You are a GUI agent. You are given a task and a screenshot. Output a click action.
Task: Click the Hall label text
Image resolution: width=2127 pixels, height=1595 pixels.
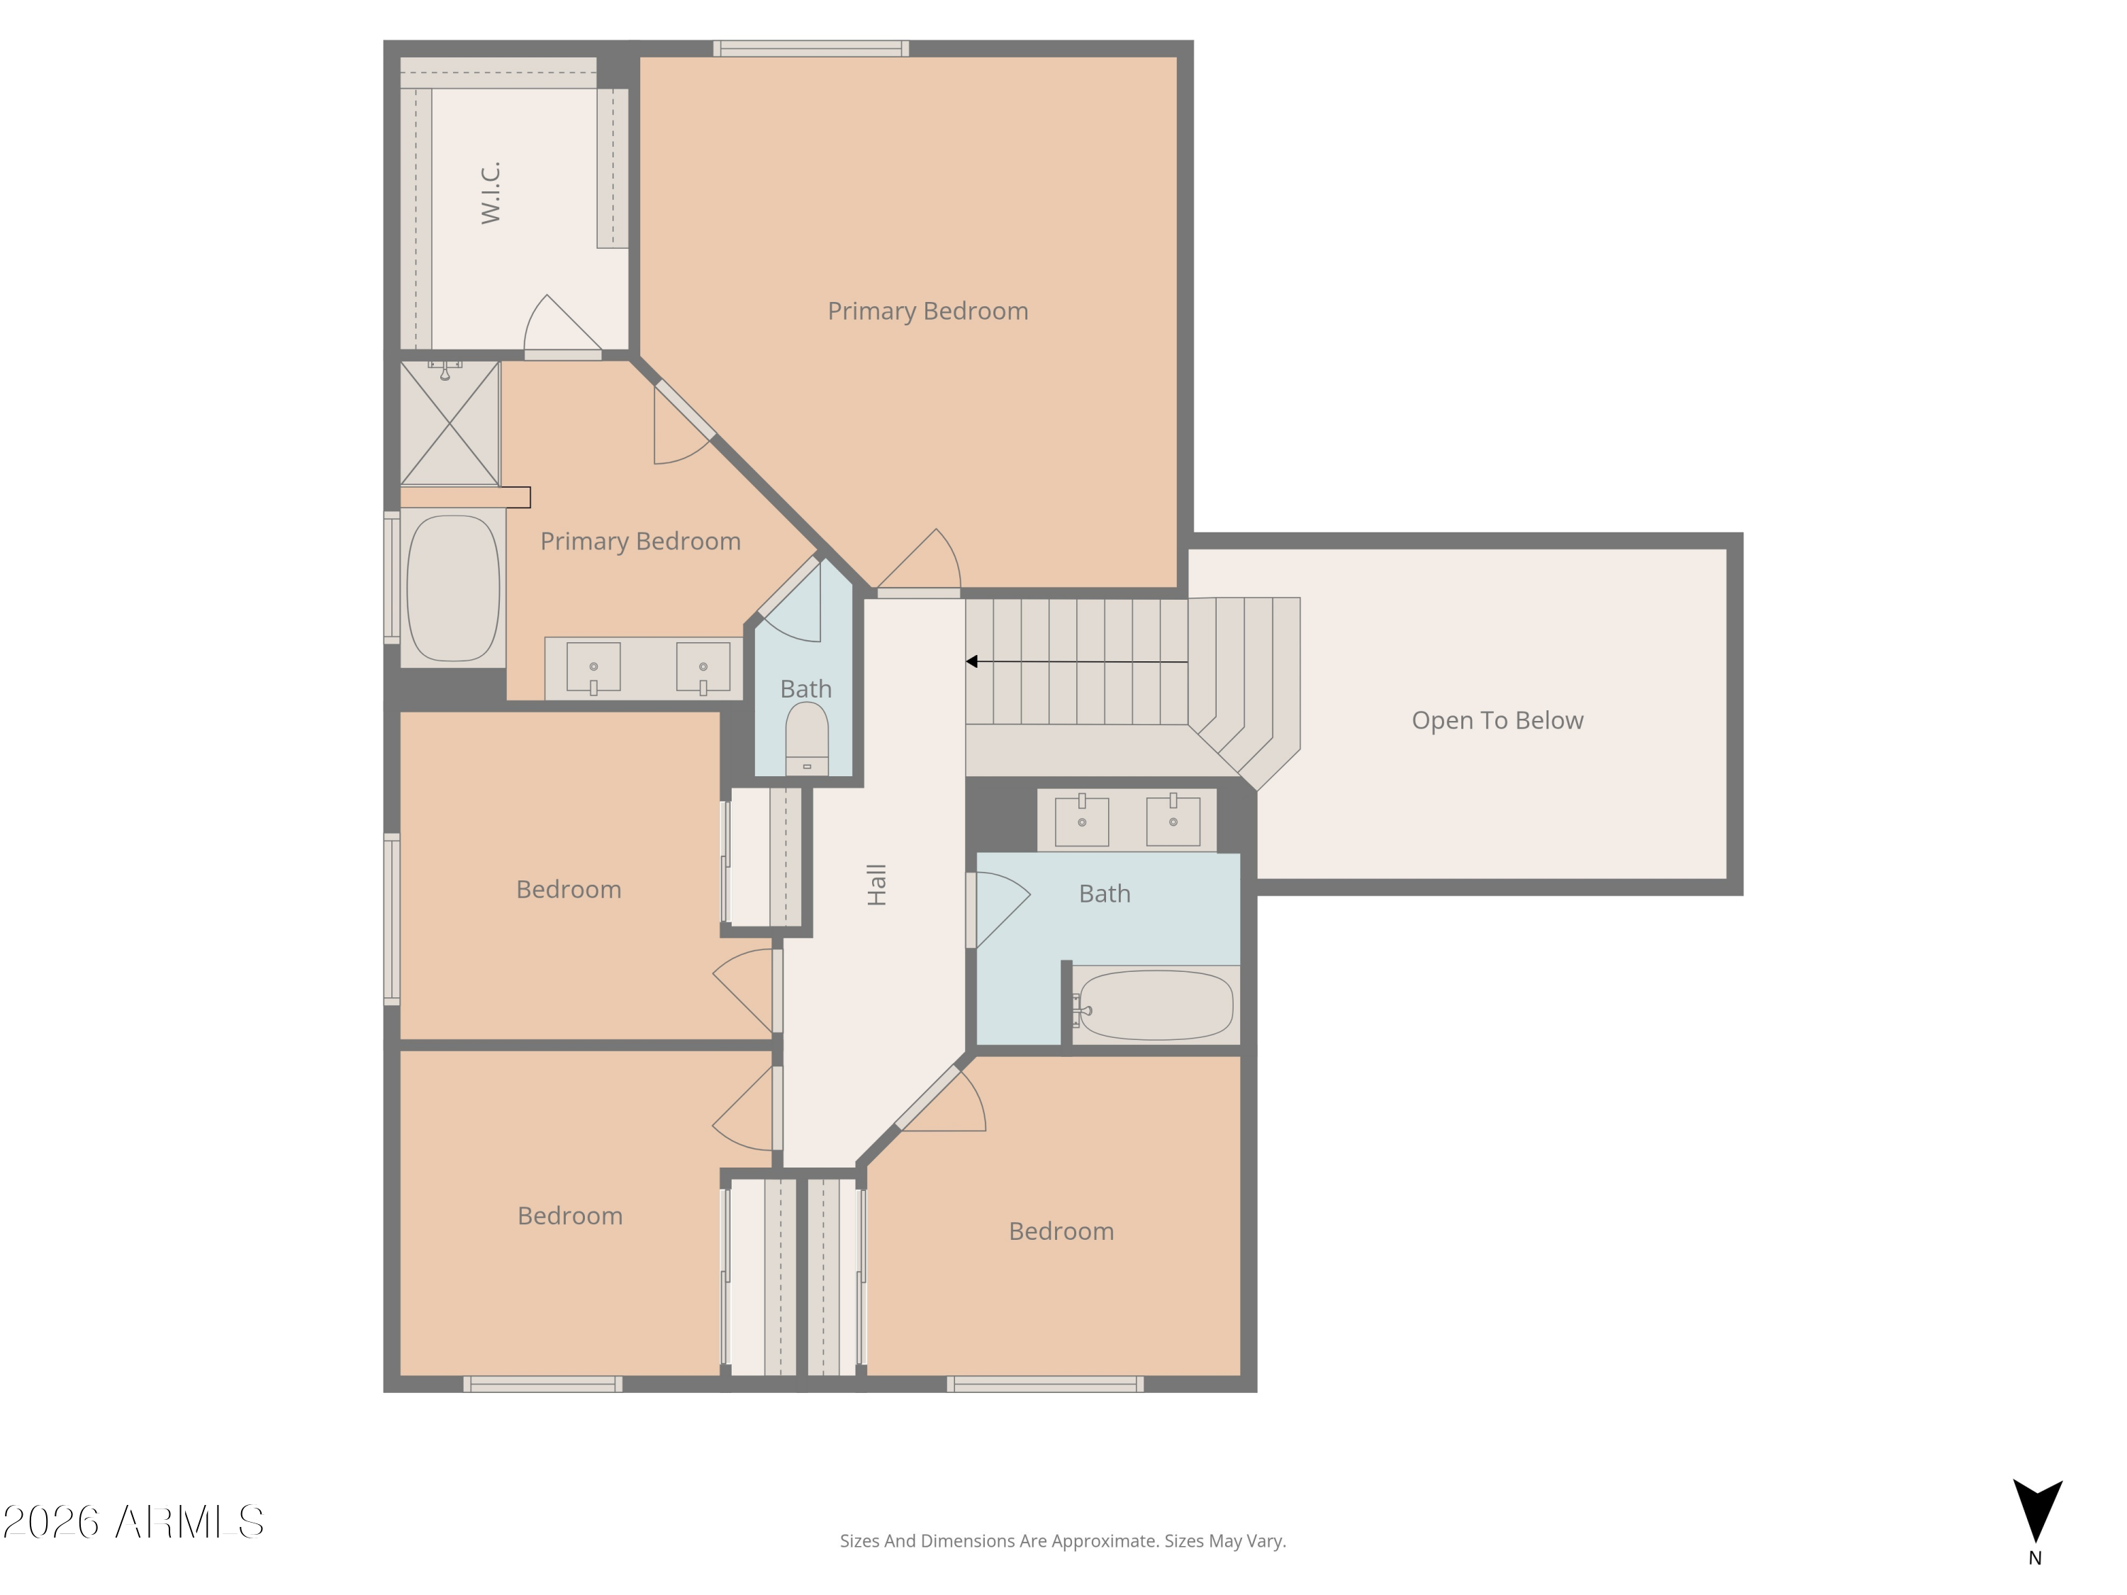[876, 885]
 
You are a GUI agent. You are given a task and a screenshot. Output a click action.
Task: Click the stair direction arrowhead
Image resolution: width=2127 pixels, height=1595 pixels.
[972, 661]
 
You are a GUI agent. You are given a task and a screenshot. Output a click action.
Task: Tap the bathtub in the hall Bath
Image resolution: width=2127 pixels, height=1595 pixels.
[1155, 1004]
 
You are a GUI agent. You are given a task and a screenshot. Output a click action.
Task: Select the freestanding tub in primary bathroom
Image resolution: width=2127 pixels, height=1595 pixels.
[453, 588]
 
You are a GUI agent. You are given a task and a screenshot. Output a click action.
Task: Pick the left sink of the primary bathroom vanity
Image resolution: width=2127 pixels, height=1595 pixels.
[593, 666]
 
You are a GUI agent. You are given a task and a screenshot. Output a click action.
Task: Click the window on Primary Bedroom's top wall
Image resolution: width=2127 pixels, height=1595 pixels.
[810, 48]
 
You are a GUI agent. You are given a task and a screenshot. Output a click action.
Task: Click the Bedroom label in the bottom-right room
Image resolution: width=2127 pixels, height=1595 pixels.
[1061, 1231]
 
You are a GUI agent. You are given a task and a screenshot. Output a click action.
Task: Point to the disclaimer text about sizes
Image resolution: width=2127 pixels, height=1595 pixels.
[1063, 1540]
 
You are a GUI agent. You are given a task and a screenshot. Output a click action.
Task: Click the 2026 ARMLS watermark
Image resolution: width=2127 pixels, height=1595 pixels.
[134, 1522]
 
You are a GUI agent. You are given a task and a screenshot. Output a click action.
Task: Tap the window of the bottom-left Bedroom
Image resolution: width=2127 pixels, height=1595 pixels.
[542, 1384]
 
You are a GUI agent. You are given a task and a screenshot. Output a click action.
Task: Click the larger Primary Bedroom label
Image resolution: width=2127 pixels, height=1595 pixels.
[927, 310]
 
